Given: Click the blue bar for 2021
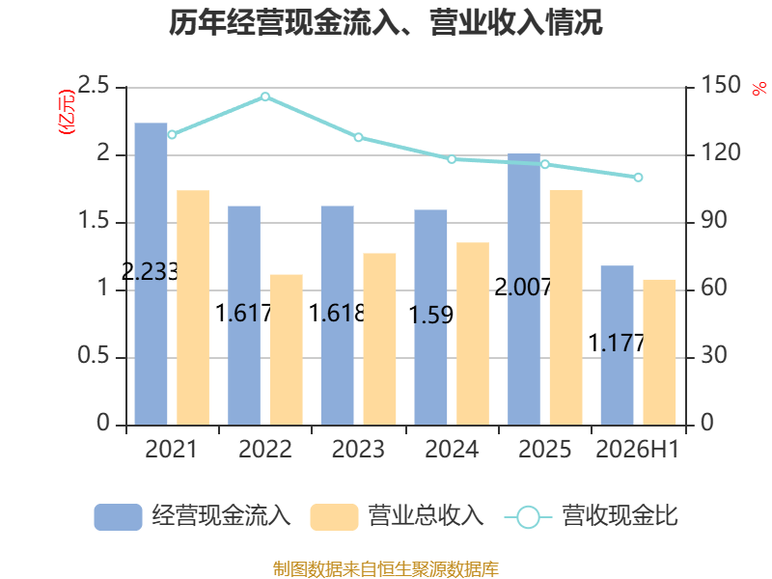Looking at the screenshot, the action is (151, 274).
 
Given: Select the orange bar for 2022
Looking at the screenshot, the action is (286, 349).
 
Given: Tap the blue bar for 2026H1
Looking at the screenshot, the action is (617, 345).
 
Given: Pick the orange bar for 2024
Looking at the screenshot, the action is (473, 334).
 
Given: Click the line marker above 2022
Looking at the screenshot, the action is (265, 96).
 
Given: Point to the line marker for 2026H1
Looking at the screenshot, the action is (638, 178).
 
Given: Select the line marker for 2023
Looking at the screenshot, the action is (358, 137).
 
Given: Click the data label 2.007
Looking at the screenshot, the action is (523, 288).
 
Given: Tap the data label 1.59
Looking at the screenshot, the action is (431, 316).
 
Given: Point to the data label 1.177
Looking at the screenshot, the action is (617, 344).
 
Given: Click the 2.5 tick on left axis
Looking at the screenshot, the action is (94, 86).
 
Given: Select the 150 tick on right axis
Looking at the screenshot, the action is (720, 85).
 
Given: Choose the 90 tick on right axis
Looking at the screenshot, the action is (713, 220).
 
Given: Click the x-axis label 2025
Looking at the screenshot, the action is (544, 449).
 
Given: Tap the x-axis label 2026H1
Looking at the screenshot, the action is (638, 449).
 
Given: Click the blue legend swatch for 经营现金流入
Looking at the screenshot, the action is (118, 517).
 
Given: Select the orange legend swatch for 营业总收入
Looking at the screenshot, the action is (334, 517).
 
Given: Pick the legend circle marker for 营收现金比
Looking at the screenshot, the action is (528, 517).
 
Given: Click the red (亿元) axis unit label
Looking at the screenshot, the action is (67, 112).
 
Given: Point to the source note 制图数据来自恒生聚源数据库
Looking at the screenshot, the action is (386, 569).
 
